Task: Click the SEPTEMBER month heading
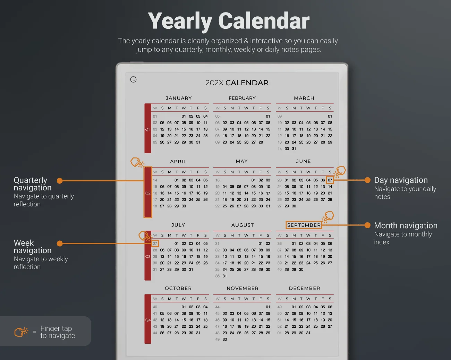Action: tap(304, 225)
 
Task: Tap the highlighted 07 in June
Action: tap(330, 180)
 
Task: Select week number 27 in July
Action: tap(155, 243)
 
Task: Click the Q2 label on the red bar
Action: tap(148, 193)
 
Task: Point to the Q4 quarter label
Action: tap(148, 320)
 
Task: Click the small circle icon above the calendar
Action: tap(133, 79)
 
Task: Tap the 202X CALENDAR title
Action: tap(237, 83)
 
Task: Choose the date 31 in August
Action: tap(225, 276)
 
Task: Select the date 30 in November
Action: tap(225, 339)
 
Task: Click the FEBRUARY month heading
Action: tap(242, 98)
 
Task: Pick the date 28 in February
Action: tap(261, 142)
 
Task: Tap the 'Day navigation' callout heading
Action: tap(401, 180)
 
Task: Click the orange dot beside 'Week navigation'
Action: tap(60, 243)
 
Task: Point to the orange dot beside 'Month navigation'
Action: tap(367, 225)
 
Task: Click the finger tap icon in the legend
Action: tap(21, 332)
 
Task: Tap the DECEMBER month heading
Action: tap(305, 288)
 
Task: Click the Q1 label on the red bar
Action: tap(147, 129)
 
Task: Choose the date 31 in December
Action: tap(308, 333)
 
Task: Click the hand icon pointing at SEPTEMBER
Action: tap(328, 217)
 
